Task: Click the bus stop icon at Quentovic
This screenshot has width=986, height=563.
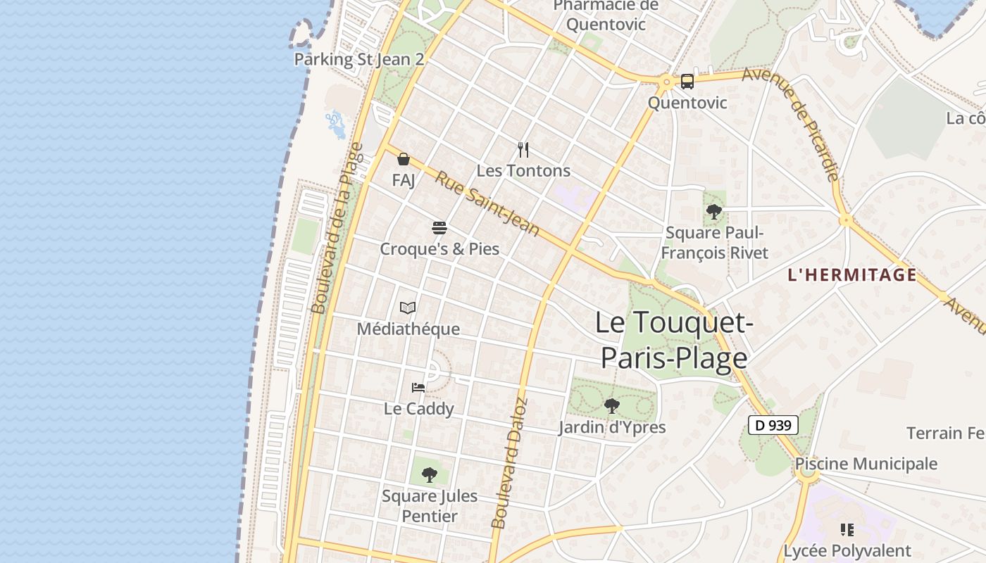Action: tap(687, 82)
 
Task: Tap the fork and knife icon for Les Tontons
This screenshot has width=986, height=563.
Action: tap(523, 149)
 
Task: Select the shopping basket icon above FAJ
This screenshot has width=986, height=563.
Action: tap(404, 159)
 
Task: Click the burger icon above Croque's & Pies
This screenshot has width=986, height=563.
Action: tap(439, 227)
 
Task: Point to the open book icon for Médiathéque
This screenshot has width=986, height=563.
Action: tap(408, 308)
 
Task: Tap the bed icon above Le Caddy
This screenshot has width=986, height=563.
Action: tap(418, 387)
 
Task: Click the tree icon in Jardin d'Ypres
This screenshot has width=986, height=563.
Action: tap(612, 405)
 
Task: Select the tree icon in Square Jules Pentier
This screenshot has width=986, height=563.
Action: tap(430, 474)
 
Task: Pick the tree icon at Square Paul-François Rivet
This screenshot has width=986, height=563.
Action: tap(714, 210)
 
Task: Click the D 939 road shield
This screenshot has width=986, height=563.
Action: tap(773, 425)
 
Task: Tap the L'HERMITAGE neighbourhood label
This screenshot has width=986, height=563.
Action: tap(852, 274)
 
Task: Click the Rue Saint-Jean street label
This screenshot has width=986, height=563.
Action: tap(487, 204)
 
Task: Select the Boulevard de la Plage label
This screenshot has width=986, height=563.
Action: tap(337, 229)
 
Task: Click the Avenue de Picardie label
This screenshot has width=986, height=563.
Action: tap(792, 124)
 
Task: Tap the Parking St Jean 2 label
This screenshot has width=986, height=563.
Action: tap(358, 59)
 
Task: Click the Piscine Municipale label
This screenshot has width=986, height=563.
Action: tap(866, 464)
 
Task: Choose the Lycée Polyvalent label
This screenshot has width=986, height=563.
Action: tap(847, 550)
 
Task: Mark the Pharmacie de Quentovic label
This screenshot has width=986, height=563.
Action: tap(606, 15)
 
